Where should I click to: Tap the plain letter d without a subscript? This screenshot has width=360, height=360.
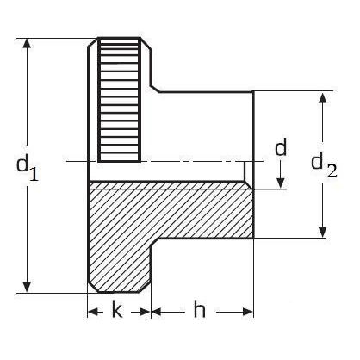pos(280,147)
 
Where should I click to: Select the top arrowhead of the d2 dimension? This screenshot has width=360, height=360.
pos(323,97)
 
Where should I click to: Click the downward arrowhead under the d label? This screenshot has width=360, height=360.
pos(281,183)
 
